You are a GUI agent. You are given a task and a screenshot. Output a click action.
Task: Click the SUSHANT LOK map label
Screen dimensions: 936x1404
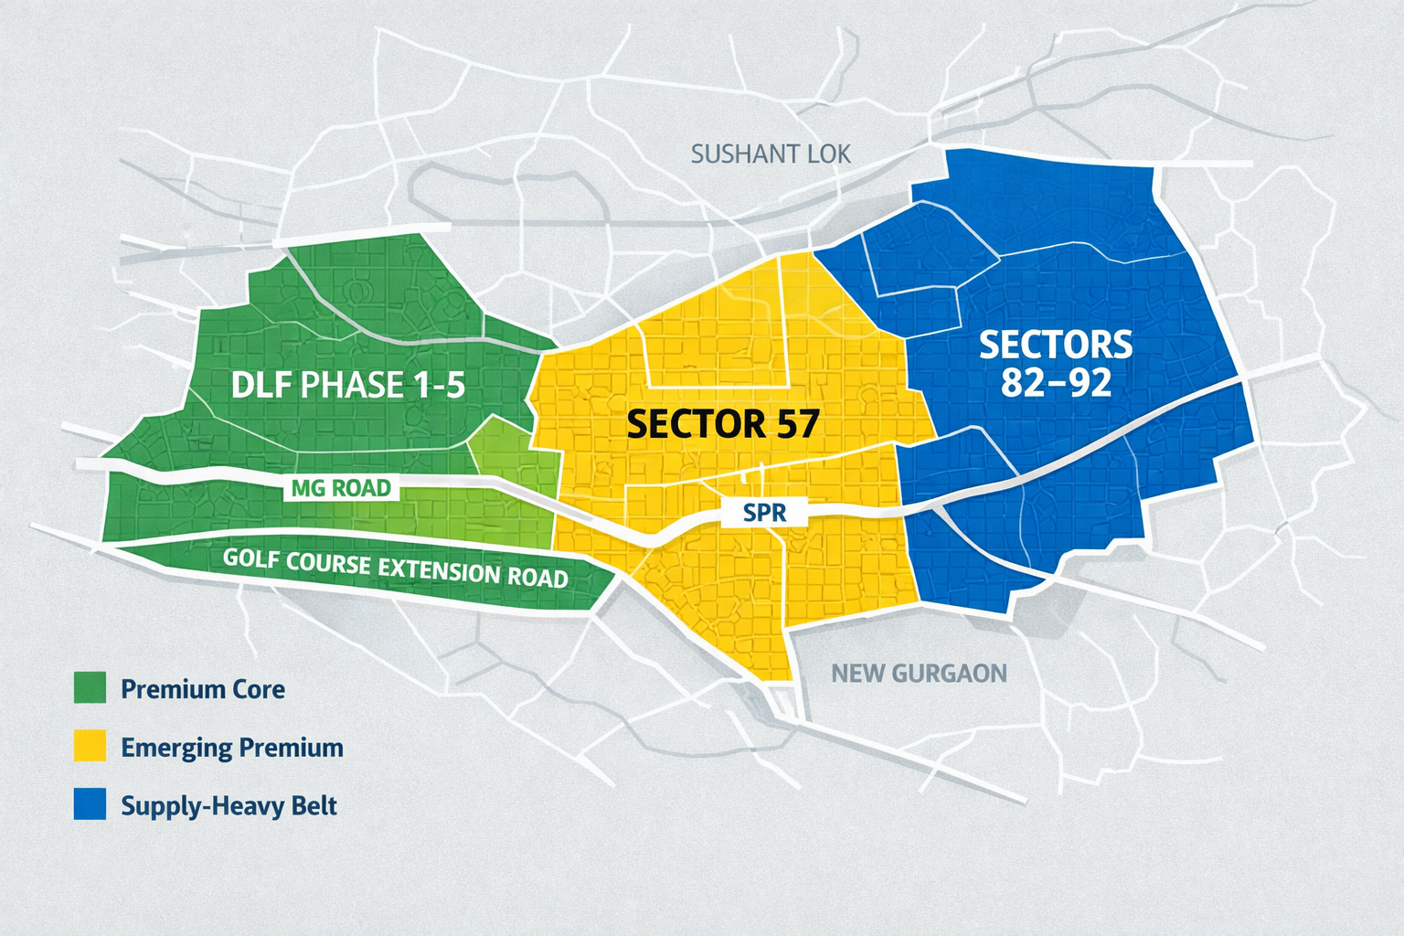click(x=771, y=154)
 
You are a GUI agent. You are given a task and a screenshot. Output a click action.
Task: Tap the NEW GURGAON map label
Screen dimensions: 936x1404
click(x=919, y=674)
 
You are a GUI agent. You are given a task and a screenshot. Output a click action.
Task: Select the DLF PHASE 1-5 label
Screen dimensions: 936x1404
click(x=347, y=385)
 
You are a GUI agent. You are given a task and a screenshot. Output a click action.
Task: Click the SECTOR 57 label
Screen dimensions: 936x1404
click(x=722, y=424)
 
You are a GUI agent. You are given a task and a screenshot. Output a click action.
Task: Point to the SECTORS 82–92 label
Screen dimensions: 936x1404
click(x=1056, y=363)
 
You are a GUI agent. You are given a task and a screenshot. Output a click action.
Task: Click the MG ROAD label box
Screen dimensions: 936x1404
click(x=341, y=488)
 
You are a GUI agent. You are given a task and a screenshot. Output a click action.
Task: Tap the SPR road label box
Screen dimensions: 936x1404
click(x=765, y=512)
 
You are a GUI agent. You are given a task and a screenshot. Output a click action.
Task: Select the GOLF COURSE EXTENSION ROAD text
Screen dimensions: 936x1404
click(x=396, y=567)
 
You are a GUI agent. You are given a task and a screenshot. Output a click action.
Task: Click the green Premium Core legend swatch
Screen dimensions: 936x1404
click(x=90, y=687)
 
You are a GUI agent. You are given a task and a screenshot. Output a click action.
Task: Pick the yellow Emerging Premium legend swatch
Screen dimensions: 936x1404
click(x=90, y=746)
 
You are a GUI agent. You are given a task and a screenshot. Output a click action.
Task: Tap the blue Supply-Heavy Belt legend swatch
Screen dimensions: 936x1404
click(x=90, y=804)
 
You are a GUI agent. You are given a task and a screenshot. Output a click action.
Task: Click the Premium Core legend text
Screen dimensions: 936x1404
click(x=203, y=688)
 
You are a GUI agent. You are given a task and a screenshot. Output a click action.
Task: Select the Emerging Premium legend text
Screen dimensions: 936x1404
click(x=232, y=748)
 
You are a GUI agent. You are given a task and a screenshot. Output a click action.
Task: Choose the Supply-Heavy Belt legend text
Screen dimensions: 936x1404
click(x=229, y=806)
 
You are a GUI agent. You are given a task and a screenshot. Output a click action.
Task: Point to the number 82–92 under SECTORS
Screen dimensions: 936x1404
click(x=1056, y=382)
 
